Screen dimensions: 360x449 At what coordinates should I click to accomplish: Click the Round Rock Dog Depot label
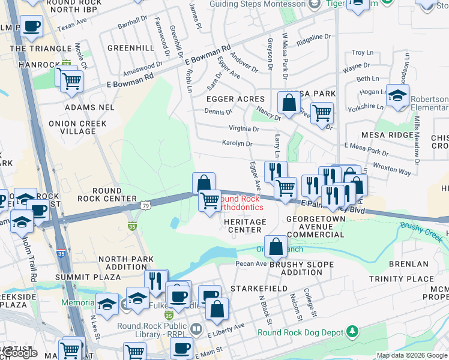coord(300,332)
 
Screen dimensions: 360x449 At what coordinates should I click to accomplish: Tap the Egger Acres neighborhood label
coord(235,99)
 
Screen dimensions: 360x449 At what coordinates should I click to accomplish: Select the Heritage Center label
coord(245,226)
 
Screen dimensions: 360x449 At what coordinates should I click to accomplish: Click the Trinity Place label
coord(402,279)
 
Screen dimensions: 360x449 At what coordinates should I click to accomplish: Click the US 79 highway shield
coord(146,206)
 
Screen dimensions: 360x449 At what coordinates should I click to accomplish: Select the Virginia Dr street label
coord(244,129)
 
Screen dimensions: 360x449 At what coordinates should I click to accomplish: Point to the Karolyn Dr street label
coord(237,144)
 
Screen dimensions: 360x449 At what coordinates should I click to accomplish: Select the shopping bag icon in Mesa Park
coord(289,102)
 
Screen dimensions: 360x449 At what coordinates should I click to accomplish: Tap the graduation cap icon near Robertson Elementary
coord(397,95)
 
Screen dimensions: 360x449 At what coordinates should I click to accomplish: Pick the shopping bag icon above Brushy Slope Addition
coord(276,245)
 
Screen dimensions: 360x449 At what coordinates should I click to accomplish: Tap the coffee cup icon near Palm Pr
coord(31,26)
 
